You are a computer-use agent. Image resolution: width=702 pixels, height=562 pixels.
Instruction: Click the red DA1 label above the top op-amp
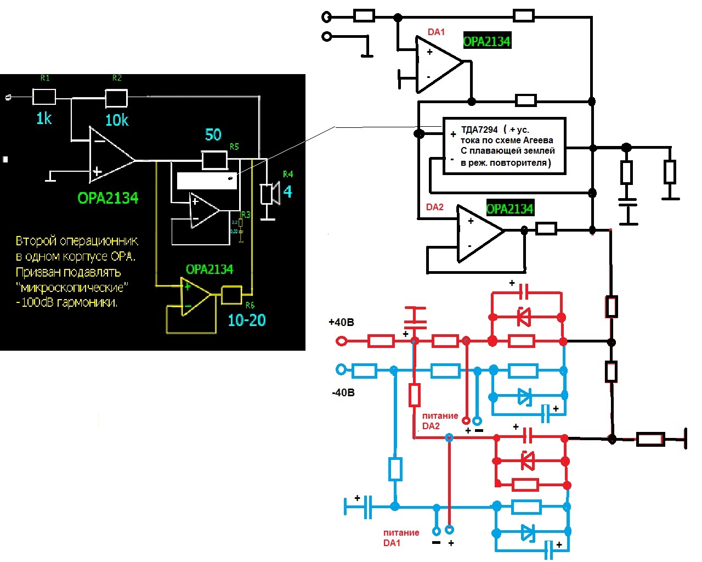click(436, 32)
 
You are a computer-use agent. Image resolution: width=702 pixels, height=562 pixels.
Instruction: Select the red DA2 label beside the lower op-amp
click(434, 207)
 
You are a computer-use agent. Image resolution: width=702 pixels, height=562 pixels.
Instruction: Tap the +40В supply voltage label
click(341, 322)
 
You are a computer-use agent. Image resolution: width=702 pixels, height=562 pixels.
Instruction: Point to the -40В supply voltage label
click(343, 392)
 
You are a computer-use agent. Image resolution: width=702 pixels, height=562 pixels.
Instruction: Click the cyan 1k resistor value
click(44, 119)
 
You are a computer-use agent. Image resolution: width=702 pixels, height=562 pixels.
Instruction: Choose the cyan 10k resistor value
click(117, 120)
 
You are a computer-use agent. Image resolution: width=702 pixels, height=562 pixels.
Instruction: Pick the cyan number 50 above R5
click(213, 135)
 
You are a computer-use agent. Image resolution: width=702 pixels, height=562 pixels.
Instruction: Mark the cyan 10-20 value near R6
click(247, 321)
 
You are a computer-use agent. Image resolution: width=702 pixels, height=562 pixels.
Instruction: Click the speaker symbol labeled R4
click(269, 194)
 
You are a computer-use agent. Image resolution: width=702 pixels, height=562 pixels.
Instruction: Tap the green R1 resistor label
click(45, 78)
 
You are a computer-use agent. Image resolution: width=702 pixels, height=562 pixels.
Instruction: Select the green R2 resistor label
click(117, 78)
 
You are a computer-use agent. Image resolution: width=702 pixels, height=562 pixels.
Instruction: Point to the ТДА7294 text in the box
click(479, 130)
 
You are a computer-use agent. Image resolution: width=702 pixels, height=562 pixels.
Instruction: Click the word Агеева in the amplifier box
click(537, 140)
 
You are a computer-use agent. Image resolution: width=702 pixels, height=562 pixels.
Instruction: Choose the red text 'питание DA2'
click(440, 421)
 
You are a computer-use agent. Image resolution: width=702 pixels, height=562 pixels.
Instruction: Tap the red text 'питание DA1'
click(401, 538)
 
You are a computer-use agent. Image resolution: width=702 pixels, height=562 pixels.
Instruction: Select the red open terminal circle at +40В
click(341, 341)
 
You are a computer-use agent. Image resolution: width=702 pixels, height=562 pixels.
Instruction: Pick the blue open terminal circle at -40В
click(341, 370)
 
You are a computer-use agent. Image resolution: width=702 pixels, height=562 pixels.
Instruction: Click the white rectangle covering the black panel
click(207, 181)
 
